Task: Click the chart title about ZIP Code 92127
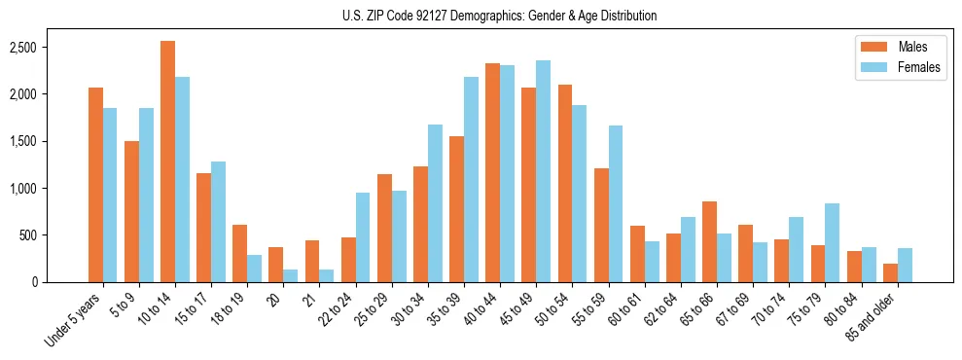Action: coord(499,16)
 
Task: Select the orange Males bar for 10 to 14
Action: coord(167,162)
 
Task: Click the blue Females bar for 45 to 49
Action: coord(543,171)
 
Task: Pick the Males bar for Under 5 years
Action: coord(95,185)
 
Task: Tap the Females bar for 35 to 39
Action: coord(471,179)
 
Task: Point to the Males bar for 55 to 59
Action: coord(601,225)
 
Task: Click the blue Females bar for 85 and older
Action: coord(904,265)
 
